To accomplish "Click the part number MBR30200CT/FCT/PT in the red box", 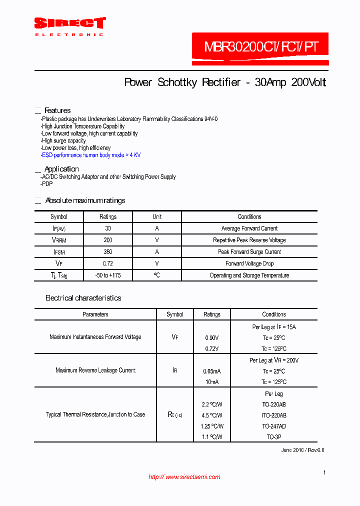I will (x=260, y=47).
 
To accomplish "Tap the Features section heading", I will (x=57, y=110).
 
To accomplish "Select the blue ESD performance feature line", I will (x=90, y=155).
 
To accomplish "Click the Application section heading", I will (x=61, y=169).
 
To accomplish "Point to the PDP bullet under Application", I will (x=47, y=184).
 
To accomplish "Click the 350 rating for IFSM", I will (x=108, y=252).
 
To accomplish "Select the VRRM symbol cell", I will (x=59, y=240).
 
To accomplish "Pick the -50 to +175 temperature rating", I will (x=108, y=275).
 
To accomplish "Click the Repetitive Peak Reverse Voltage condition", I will (x=249, y=240).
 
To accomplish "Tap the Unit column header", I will (x=157, y=217).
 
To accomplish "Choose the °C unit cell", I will (x=157, y=275).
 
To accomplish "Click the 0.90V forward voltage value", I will (x=212, y=338).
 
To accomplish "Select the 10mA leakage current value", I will (x=212, y=382).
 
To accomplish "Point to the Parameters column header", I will (x=95, y=314).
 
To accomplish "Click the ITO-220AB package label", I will (x=274, y=415).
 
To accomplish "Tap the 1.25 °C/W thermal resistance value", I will (x=212, y=426).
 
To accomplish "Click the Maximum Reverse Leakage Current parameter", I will (x=95, y=370).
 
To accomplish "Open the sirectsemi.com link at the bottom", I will (x=184, y=477).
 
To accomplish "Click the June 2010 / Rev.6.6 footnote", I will (x=302, y=450).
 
